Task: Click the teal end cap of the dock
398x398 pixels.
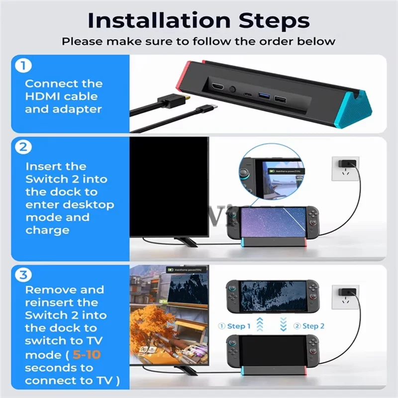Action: click(365, 107)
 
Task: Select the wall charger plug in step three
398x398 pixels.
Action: click(345, 291)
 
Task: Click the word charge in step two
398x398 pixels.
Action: click(47, 230)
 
